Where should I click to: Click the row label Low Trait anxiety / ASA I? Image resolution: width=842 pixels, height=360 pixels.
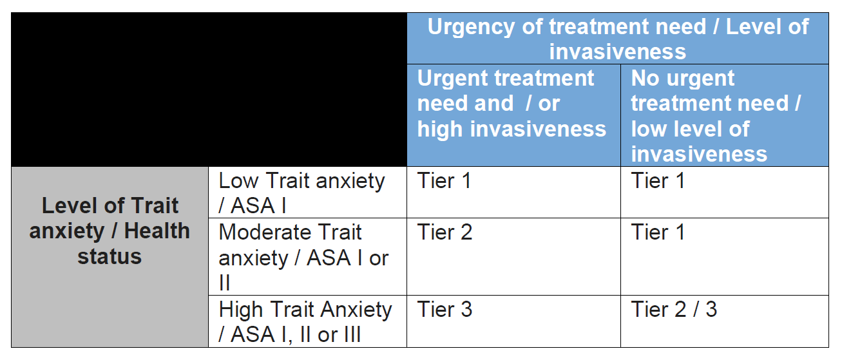pyautogui.click(x=302, y=193)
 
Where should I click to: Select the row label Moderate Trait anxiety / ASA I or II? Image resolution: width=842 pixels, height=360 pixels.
pyautogui.click(x=303, y=258)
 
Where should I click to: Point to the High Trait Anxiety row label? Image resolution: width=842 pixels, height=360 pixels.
pyautogui.click(x=305, y=322)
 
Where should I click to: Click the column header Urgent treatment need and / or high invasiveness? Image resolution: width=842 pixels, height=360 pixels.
pyautogui.click(x=512, y=104)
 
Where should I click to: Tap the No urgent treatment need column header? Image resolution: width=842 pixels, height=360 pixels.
pyautogui.click(x=716, y=116)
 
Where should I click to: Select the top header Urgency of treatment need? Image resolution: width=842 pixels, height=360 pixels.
pyautogui.click(x=618, y=39)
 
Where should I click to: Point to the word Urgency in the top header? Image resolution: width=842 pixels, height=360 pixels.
pyautogui.click(x=472, y=27)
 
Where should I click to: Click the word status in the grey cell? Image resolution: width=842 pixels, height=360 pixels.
pyautogui.click(x=110, y=257)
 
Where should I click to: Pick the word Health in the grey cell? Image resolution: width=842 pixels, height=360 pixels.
pyautogui.click(x=157, y=231)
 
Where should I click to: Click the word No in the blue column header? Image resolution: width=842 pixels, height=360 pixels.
pyautogui.click(x=645, y=79)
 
